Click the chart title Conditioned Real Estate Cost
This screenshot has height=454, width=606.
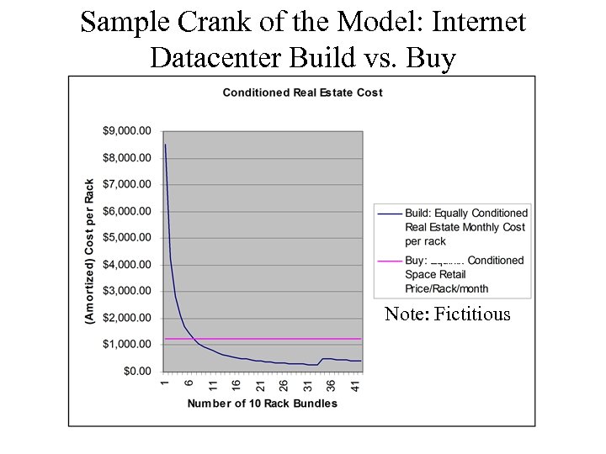pyautogui.click(x=302, y=92)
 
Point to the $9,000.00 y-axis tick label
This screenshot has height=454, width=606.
pyautogui.click(x=127, y=131)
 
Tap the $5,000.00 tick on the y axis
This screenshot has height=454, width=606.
pyautogui.click(x=127, y=238)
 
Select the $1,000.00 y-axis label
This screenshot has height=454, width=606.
pyautogui.click(x=127, y=345)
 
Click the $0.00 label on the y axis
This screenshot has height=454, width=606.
pyautogui.click(x=136, y=372)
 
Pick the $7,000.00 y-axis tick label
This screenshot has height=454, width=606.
pyautogui.click(x=127, y=184)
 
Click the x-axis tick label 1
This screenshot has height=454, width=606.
pyautogui.click(x=166, y=384)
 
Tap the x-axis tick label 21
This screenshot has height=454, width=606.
pyautogui.click(x=260, y=386)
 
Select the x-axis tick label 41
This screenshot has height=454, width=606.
pyautogui.click(x=354, y=386)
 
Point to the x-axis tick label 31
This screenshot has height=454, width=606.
pyautogui.click(x=307, y=386)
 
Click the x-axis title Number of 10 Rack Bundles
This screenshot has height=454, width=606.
pyautogui.click(x=262, y=404)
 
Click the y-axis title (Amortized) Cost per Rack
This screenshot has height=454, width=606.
pyautogui.click(x=90, y=251)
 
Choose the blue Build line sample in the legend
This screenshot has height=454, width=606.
pyautogui.click(x=390, y=214)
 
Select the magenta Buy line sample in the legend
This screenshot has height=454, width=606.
pyautogui.click(x=390, y=261)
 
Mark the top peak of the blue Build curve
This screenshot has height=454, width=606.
pyautogui.click(x=166, y=145)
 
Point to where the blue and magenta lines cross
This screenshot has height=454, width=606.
pyautogui.click(x=193, y=339)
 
